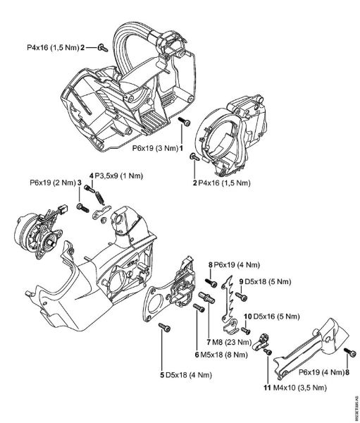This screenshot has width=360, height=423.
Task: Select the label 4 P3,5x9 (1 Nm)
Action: pos(116,174)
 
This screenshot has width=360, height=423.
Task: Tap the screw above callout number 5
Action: pos(163,327)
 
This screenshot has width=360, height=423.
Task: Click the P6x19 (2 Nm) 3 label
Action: pos(56,183)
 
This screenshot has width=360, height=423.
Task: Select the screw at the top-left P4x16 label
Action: pos(102,48)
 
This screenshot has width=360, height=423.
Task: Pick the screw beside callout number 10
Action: pos(245,330)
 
